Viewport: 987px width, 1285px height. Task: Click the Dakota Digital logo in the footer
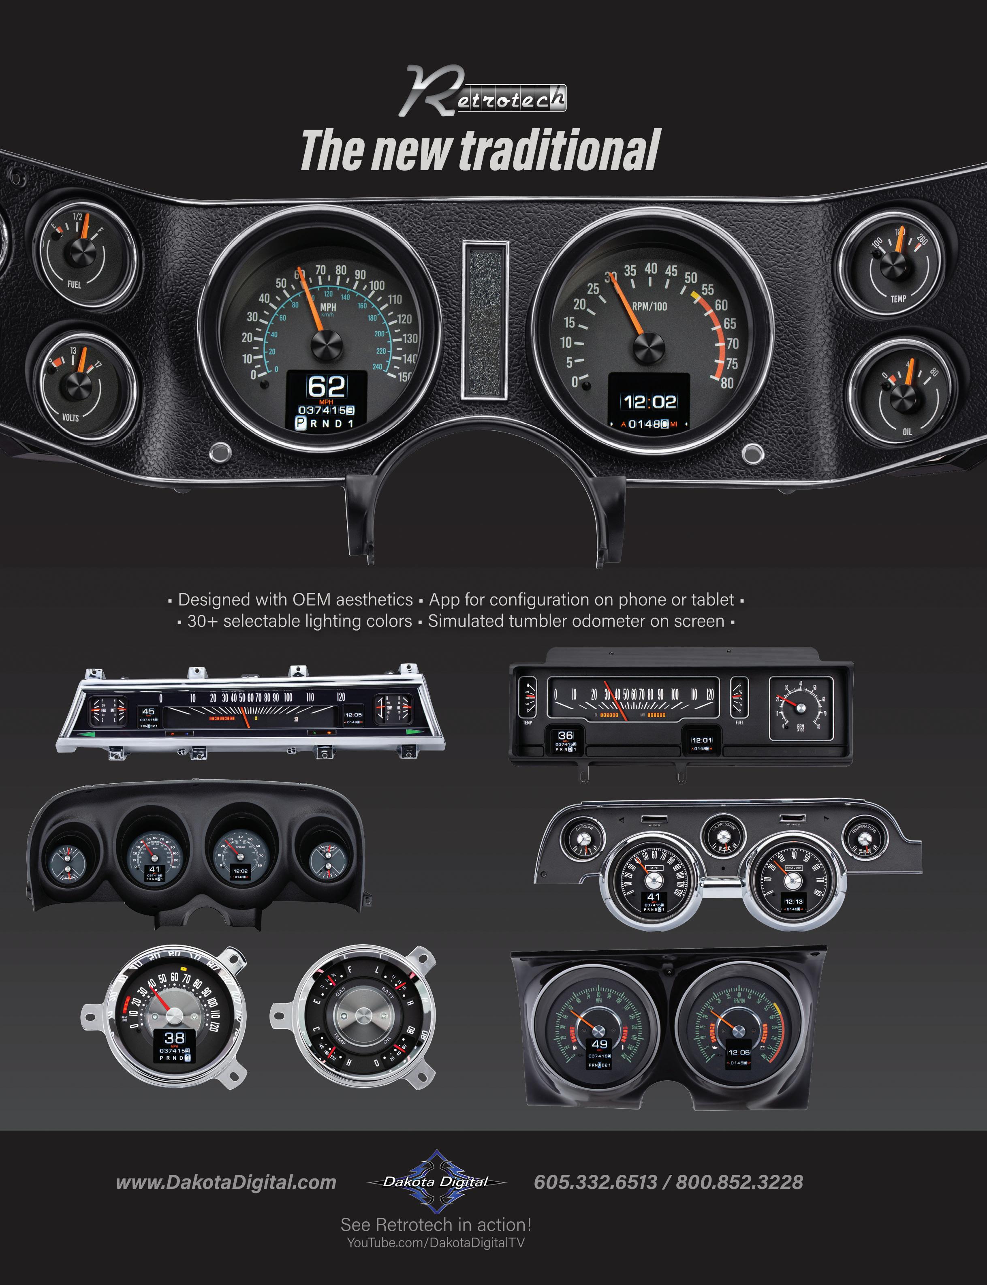click(x=436, y=1182)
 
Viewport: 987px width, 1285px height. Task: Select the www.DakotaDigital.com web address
click(x=226, y=1182)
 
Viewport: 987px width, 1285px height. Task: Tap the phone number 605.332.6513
click(x=595, y=1182)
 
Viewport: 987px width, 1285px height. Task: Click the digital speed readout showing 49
click(x=599, y=1044)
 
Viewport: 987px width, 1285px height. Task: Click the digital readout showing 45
click(x=148, y=712)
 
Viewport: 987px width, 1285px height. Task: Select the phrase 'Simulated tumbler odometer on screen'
click(x=576, y=621)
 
